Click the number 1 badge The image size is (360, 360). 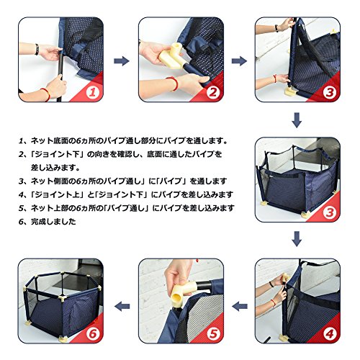[x=92, y=92]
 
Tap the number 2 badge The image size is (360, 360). [x=212, y=92]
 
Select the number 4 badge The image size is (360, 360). [x=329, y=333]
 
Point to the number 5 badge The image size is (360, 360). [x=212, y=333]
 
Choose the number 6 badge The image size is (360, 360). [x=92, y=333]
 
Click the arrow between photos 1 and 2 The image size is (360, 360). [x=122, y=61]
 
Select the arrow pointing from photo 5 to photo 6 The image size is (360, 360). [x=122, y=306]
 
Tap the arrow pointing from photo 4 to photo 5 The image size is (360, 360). [x=240, y=306]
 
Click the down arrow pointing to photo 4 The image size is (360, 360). [x=297, y=239]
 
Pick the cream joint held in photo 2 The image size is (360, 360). [x=171, y=56]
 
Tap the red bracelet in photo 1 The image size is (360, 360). [x=46, y=94]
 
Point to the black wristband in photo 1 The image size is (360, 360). [x=37, y=50]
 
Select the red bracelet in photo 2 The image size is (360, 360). [x=174, y=84]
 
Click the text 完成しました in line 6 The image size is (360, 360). [x=53, y=221]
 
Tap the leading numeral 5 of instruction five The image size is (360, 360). [x=21, y=208]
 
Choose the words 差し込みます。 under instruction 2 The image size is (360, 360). [x=55, y=168]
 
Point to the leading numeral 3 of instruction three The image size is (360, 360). [x=21, y=181]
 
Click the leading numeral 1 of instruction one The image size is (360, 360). [x=21, y=141]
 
